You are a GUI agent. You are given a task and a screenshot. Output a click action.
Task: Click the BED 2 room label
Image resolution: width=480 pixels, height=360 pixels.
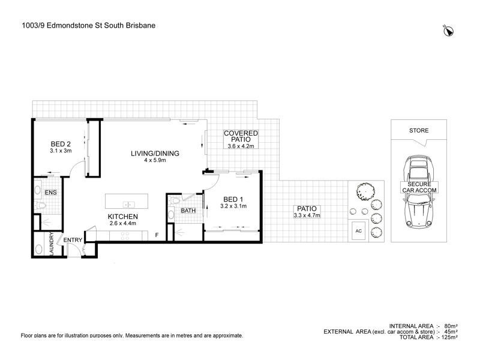point(61,144)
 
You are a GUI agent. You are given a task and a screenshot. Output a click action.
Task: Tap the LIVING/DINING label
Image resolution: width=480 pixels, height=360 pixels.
point(155,154)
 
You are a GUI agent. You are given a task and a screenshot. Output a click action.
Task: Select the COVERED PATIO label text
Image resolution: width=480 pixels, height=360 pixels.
point(241,136)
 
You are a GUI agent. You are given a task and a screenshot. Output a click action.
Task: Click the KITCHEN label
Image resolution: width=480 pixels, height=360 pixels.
point(123,217)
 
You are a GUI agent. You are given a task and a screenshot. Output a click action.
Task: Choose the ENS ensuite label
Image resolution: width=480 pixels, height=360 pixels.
point(51,192)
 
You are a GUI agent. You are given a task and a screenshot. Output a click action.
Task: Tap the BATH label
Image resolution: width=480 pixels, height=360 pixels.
point(188,211)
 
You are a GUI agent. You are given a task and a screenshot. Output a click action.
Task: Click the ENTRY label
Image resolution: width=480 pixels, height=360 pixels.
point(73,241)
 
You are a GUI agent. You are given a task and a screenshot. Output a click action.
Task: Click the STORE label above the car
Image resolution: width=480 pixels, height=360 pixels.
point(419,130)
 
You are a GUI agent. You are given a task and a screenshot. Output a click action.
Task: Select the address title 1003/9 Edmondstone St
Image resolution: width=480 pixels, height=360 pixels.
point(86,27)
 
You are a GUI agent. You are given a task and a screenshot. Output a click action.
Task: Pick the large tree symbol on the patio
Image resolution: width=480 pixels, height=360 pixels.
point(364,191)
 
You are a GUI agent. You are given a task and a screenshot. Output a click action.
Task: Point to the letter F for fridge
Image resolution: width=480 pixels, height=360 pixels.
point(157,235)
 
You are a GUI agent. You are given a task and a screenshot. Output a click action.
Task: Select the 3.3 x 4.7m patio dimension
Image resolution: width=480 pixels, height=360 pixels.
point(307,215)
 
